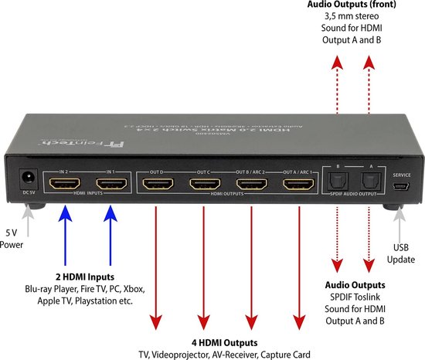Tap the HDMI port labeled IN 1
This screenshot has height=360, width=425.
click(x=112, y=185)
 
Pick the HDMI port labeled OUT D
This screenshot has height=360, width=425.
click(x=158, y=185)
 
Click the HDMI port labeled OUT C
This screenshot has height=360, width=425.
click(x=205, y=185)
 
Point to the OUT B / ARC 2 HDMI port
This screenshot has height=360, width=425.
click(x=251, y=185)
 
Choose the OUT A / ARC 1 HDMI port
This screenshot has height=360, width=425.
click(x=298, y=185)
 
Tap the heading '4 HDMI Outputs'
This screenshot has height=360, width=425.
click(x=226, y=342)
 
